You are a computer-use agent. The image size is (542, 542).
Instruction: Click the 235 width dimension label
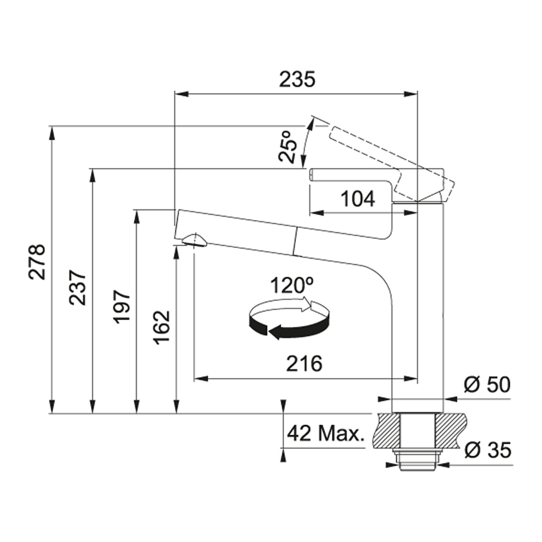[298, 79]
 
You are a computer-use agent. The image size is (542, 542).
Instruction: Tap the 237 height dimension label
[77, 287]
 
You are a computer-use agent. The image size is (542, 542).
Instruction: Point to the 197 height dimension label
[122, 307]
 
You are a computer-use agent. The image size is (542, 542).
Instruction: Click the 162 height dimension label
[162, 327]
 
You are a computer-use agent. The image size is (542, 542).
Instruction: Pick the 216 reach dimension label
[304, 363]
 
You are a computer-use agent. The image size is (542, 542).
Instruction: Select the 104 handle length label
[358, 199]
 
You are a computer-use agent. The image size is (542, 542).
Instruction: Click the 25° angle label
[288, 146]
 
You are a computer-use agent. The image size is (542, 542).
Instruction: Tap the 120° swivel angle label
[291, 285]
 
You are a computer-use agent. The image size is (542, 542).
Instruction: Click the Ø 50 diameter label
[487, 384]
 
